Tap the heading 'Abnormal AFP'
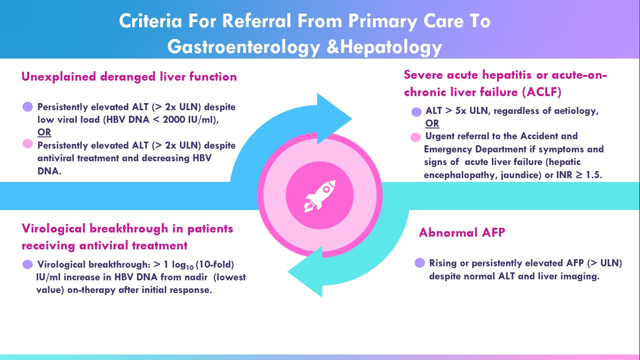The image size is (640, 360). click(x=461, y=232)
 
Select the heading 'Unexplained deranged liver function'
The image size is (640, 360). click(x=129, y=77)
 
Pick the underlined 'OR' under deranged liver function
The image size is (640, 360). click(x=44, y=132)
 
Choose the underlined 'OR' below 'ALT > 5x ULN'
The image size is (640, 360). click(x=432, y=123)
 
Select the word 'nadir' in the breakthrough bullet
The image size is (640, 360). click(x=191, y=277)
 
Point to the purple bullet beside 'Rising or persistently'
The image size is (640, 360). click(x=420, y=263)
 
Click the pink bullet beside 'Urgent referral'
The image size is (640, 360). click(x=415, y=137)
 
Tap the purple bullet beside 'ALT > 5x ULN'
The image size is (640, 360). click(x=416, y=112)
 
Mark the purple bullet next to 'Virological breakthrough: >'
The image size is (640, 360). click(x=28, y=264)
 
